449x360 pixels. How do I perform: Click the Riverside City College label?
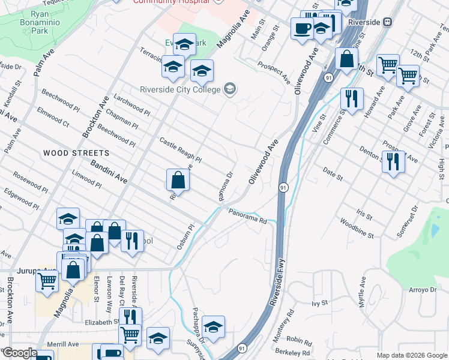pos(179,91)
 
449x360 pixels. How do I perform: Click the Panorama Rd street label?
pos(247,214)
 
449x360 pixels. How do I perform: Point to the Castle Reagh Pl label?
pos(180,150)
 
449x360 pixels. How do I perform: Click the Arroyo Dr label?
pos(423,290)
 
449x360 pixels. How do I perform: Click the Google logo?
pos(20,353)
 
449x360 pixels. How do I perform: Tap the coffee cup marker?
pos(301,28)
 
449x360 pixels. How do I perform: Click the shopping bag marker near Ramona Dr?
pos(178,179)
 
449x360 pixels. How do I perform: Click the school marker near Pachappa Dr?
pos(213,327)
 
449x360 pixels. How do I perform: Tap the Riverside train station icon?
pos(388,22)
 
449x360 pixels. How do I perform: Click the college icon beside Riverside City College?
pos(229,90)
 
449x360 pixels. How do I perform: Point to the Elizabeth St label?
pos(100,322)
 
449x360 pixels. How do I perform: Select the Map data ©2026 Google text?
pos(411,355)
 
